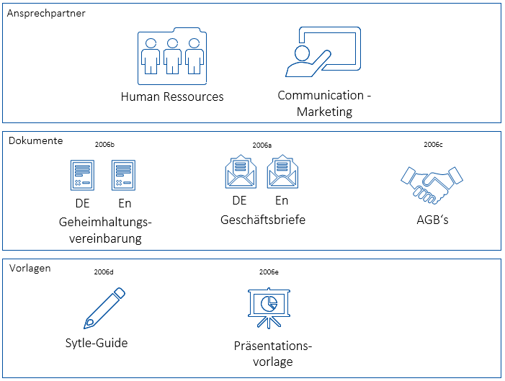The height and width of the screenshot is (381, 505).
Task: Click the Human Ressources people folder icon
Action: coord(171,56)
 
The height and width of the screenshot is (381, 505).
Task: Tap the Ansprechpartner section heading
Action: coord(47,14)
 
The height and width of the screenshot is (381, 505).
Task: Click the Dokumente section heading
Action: coord(36,140)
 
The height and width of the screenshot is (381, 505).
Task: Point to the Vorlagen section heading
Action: coord(30,268)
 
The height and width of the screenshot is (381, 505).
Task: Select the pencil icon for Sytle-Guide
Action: coord(104,308)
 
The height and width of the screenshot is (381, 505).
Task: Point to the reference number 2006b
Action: coord(104,145)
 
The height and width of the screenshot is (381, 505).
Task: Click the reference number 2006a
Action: coord(262,145)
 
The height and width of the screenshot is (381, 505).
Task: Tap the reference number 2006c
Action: coord(433,145)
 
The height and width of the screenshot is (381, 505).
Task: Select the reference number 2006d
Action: coord(104,272)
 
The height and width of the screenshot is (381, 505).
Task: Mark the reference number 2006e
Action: coord(269,272)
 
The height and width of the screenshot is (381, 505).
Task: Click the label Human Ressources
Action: coord(172,97)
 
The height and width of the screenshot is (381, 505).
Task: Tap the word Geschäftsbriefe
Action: coord(263,219)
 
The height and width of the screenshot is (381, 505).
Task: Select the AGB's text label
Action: coord(432,219)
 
